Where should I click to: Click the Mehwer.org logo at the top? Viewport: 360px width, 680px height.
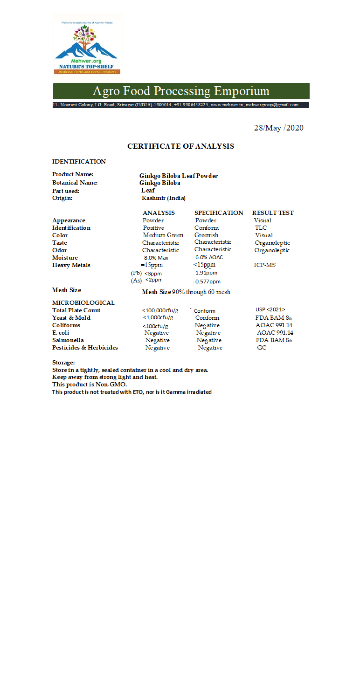[87, 44]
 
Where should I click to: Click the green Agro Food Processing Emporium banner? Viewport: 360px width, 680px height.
[181, 91]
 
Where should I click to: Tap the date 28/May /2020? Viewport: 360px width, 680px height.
[278, 128]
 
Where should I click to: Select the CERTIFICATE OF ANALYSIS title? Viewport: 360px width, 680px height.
[180, 146]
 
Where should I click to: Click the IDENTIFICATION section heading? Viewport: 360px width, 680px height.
[79, 162]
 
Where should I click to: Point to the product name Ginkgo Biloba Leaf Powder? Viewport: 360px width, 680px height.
[178, 176]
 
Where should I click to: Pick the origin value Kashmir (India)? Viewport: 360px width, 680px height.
[163, 198]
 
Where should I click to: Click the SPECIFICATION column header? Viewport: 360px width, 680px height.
[219, 213]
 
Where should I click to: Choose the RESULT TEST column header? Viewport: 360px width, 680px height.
[273, 213]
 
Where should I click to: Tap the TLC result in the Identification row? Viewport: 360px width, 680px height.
[261, 228]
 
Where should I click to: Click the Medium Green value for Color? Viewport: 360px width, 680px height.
[163, 235]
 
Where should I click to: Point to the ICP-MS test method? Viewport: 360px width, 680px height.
[261, 265]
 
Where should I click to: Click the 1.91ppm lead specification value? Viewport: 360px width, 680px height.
[206, 273]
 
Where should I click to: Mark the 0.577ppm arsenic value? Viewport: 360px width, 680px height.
[208, 282]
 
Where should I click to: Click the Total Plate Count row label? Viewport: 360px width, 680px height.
[76, 310]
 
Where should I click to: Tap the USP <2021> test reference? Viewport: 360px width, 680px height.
[270, 310]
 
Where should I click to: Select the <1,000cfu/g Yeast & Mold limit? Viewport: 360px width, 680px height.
[158, 318]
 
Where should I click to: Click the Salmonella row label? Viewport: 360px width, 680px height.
[68, 340]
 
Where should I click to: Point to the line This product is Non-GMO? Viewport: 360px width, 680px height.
[90, 385]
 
